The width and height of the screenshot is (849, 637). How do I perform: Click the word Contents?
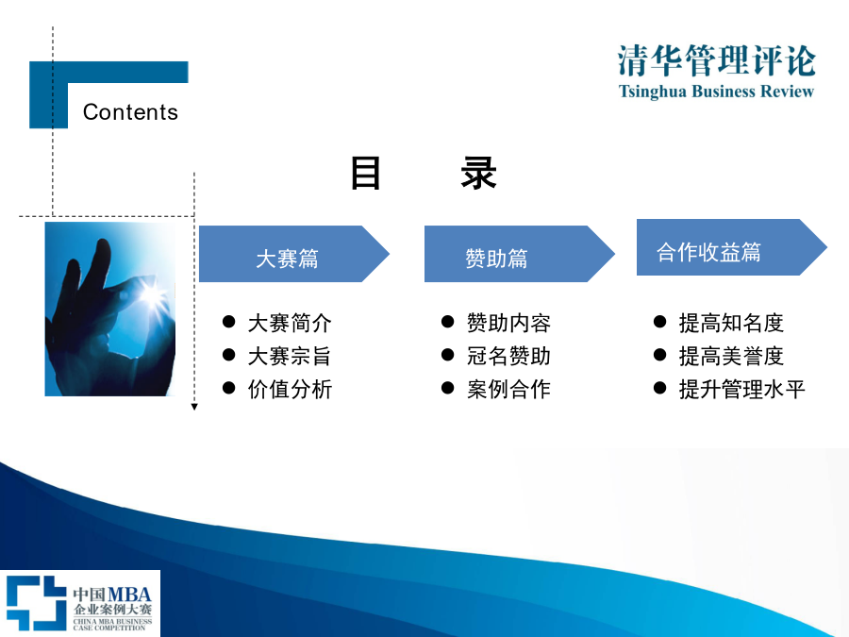click(130, 112)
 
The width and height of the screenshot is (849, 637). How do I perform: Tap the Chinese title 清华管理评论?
click(716, 60)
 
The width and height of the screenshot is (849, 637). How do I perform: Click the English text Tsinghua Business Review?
click(716, 91)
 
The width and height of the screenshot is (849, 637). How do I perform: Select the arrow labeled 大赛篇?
click(294, 254)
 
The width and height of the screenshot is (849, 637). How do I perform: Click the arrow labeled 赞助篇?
click(519, 254)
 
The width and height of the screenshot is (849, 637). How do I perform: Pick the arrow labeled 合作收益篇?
click(731, 247)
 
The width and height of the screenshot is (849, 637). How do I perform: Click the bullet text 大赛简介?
click(290, 324)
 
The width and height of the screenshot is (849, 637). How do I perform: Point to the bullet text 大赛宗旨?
click(290, 357)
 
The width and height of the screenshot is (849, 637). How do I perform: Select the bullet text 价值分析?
click(290, 390)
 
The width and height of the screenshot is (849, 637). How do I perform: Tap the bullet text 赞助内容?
click(509, 324)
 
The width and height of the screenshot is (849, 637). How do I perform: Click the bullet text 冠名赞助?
click(509, 357)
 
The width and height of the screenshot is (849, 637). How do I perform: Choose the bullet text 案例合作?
click(509, 390)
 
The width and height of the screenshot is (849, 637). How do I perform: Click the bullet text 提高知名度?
click(731, 324)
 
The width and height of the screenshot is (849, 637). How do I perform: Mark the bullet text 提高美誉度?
click(731, 357)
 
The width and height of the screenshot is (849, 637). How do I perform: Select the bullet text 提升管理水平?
click(741, 390)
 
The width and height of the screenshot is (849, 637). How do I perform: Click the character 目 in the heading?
click(365, 174)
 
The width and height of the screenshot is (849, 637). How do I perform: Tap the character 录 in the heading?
click(478, 174)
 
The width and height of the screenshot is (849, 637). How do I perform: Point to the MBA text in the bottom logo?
click(129, 594)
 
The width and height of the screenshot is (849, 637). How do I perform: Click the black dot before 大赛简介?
click(228, 323)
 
